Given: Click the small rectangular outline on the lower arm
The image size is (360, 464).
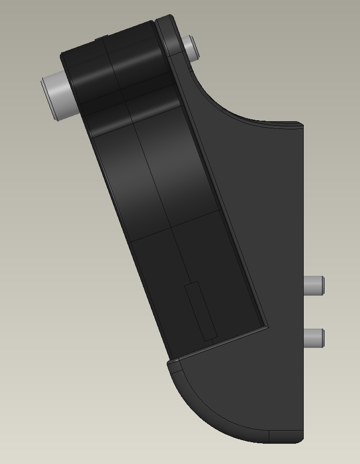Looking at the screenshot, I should (201, 312).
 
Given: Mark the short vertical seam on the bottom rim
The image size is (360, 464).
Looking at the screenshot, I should (269, 437).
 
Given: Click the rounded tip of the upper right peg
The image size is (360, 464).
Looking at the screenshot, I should (322, 284).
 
